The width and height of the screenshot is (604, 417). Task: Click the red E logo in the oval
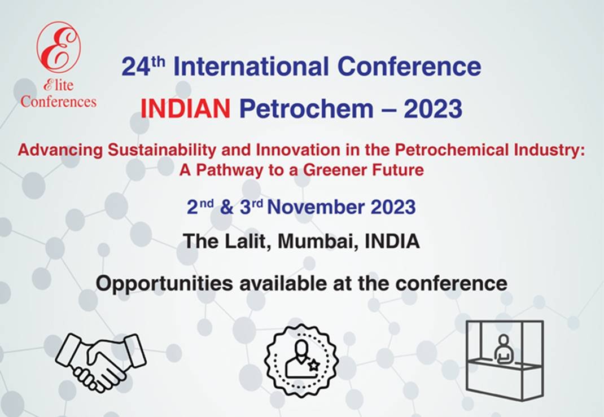coord(59,46)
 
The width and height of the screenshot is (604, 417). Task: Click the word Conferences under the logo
coord(58,102)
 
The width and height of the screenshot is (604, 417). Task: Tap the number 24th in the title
coord(143,66)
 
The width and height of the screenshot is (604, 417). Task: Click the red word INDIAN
coord(185,108)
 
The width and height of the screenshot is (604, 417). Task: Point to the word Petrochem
coord(307,108)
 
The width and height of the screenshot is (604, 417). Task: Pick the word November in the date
coord(316,207)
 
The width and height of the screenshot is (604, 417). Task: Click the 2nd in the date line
coord(200,207)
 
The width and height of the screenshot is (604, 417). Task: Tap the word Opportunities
coord(164,284)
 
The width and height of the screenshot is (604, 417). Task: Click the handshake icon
coord(101,362)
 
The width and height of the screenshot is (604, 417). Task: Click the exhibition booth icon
coord(505,359)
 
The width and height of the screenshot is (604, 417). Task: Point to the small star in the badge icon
coord(313,365)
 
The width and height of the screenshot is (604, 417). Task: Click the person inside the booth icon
coord(503,349)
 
